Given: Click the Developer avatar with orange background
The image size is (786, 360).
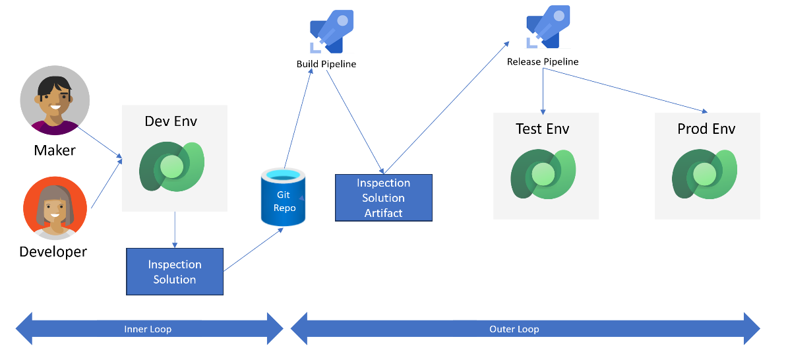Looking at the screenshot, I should (55, 208).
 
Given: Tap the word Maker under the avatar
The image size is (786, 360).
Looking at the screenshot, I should (55, 150).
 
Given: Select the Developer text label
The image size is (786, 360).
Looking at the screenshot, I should (53, 251).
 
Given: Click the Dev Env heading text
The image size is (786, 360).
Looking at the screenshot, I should (171, 121).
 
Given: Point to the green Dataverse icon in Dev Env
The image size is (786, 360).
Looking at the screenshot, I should (172, 166).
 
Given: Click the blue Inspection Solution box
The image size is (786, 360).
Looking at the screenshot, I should (175, 272).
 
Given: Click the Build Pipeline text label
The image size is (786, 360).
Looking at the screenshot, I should (326, 64).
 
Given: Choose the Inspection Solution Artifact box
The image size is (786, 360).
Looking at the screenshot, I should (383, 198).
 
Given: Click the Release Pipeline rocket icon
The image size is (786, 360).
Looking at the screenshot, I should (547, 28).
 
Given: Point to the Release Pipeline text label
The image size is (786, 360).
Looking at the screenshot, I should (543, 61).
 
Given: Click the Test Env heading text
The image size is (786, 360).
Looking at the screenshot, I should (542, 129).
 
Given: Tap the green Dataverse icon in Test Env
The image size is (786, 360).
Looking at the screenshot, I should (544, 174).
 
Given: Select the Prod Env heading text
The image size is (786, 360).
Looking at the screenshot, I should (706, 129).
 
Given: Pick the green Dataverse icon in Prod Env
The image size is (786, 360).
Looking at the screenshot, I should (705, 174).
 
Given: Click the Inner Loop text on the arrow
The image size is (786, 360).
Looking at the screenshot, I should (148, 329).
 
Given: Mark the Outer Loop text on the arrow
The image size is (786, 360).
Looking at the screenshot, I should (514, 329).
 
